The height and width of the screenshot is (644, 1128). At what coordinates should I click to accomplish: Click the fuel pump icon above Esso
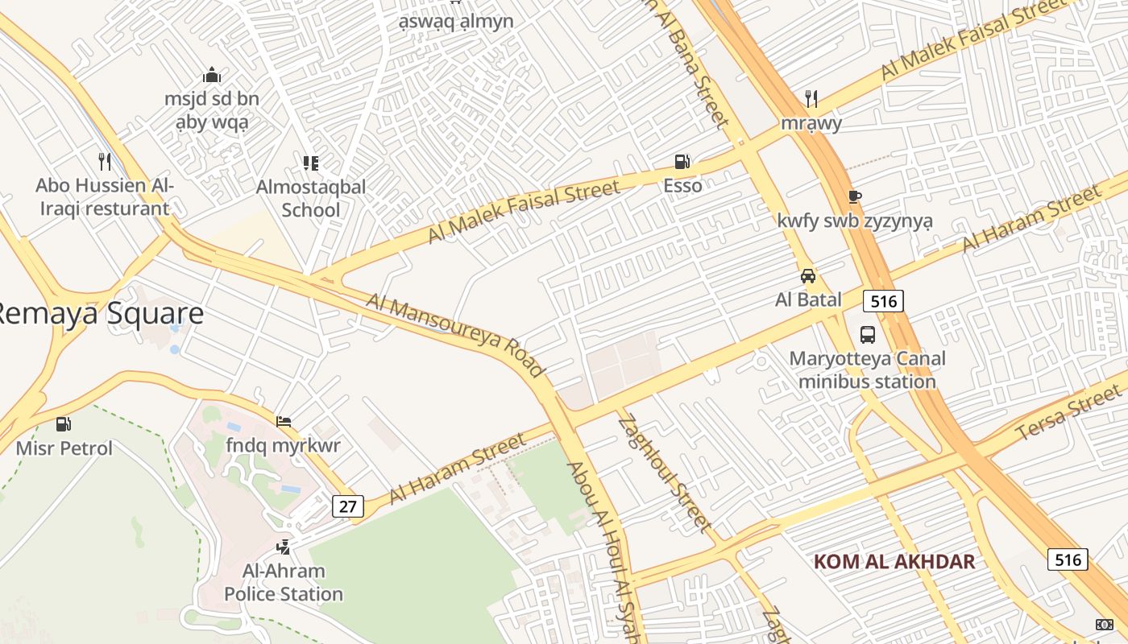tap(682, 162)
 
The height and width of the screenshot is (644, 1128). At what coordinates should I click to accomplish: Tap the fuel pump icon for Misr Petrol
tap(64, 423)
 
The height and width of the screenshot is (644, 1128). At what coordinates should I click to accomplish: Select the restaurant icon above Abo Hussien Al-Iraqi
tap(105, 162)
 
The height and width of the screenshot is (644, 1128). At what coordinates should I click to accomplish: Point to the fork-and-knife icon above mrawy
tap(811, 99)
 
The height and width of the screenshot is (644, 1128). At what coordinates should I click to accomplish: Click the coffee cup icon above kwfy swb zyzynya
tap(855, 196)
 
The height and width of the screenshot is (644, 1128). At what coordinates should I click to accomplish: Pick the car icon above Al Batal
tap(808, 276)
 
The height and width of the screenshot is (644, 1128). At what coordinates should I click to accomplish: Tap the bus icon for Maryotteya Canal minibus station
tap(868, 334)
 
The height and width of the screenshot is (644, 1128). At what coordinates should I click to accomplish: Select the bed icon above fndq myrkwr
tap(284, 421)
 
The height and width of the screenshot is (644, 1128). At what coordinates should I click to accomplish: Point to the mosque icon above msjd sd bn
tap(212, 76)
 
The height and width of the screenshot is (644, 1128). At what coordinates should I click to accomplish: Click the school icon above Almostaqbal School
tap(311, 163)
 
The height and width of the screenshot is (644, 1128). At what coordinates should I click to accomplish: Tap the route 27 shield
tap(348, 506)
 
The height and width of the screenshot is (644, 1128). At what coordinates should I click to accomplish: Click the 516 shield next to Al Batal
tap(884, 301)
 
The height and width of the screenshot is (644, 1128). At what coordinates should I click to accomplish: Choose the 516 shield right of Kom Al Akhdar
tap(1068, 559)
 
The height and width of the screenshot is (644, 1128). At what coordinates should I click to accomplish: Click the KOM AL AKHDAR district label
tap(894, 561)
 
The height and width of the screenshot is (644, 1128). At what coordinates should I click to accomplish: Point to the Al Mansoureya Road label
tap(455, 335)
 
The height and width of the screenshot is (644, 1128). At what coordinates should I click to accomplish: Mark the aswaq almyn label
tap(456, 22)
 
